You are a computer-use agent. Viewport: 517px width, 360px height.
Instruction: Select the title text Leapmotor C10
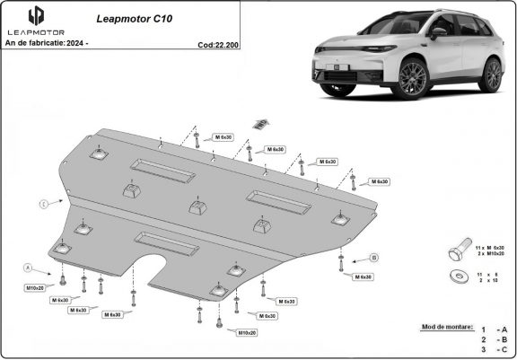(127, 17)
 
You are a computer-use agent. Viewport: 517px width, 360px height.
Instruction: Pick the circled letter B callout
(373, 258)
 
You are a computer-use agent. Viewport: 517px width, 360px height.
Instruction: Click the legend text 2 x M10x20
(490, 254)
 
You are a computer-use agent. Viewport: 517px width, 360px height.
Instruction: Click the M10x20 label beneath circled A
(35, 287)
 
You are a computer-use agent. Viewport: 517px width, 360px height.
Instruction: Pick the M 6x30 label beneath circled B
(363, 277)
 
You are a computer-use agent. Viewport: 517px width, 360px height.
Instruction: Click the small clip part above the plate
(261, 123)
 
